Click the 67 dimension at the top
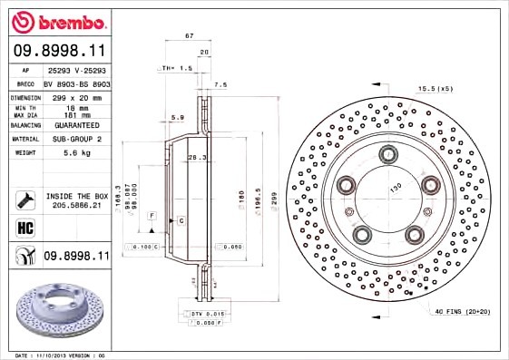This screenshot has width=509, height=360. tap(189, 35)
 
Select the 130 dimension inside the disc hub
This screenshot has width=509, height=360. tap(395, 188)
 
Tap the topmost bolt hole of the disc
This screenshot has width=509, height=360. tap(388, 154)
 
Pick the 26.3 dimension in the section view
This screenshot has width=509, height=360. tap(197, 158)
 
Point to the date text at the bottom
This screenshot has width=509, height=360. tap(62, 355)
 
